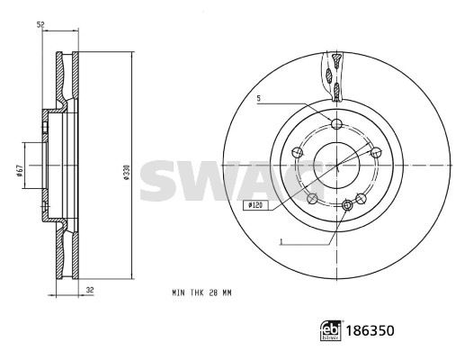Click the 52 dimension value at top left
point(40,25)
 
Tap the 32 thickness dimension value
point(90,290)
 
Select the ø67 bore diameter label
point(20,171)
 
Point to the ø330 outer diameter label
point(127,172)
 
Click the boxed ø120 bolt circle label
point(255,205)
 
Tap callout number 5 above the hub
point(258,98)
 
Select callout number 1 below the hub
point(281,242)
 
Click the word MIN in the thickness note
point(178,292)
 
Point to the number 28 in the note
point(213,292)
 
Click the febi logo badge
point(331,330)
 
